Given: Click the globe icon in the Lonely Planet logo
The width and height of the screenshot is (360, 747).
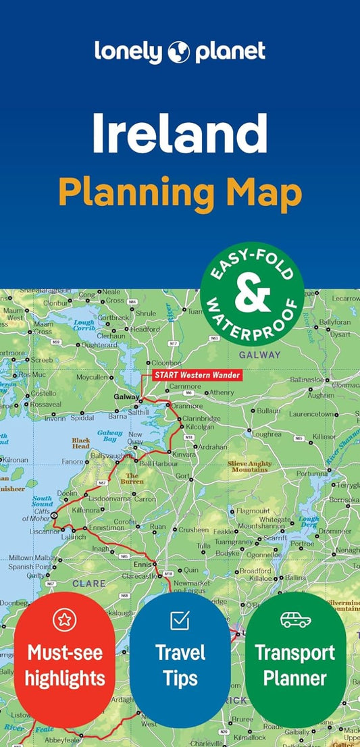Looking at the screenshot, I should tap(180, 51).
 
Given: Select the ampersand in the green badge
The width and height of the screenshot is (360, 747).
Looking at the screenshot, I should tap(252, 294).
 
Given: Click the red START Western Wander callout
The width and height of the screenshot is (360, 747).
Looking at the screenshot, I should tap(196, 375).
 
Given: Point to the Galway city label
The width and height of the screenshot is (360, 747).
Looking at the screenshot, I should tap(126, 397).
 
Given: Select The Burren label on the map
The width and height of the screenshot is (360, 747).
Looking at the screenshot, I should tap(132, 480).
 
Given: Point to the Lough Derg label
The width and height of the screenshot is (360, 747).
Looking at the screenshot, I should tap(308, 523).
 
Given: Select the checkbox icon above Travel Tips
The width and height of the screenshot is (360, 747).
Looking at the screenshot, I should tap(180, 619).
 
